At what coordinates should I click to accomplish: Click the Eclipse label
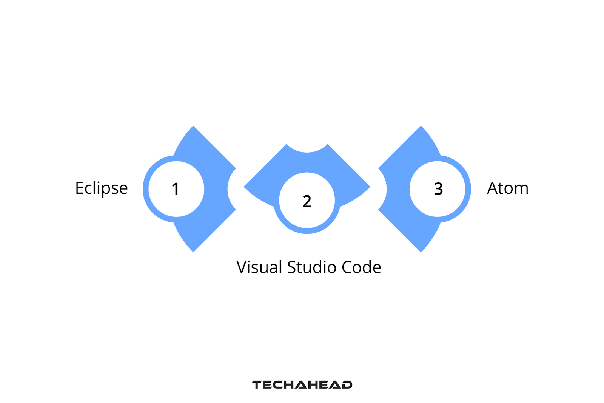101,188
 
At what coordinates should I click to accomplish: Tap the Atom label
507,188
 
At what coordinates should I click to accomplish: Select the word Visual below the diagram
259,267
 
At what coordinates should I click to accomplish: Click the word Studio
312,267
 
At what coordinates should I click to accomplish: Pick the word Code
361,267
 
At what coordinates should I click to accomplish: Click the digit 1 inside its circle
176,189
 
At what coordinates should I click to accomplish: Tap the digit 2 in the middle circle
307,201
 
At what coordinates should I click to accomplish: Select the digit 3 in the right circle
438,189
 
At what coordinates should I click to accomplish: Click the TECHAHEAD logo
302,385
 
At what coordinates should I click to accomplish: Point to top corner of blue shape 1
193,127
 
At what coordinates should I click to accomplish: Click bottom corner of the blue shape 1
193,251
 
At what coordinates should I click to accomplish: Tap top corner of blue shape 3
421,127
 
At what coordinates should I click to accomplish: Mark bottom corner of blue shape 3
421,251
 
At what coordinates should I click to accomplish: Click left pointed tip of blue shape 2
245,187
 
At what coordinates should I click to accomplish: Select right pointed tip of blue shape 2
369,187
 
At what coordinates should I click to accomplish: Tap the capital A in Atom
493,188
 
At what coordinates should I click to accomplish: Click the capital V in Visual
242,267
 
